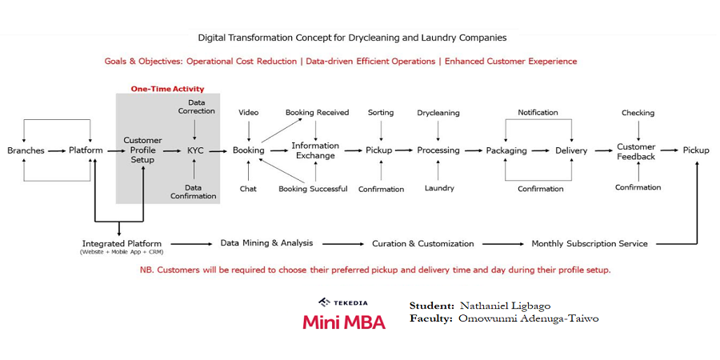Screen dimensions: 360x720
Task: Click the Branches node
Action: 25,150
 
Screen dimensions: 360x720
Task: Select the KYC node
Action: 195,150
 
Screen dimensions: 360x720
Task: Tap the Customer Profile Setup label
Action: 142,150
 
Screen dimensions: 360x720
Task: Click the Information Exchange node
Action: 315,150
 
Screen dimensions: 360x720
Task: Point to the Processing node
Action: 438,150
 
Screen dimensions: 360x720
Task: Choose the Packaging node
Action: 506,150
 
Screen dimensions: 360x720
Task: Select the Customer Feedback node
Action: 636,151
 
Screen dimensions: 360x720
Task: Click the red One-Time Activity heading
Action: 167,89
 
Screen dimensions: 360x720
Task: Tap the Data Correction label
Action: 196,107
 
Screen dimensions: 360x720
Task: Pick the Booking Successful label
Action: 313,189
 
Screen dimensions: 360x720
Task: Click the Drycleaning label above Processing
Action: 438,113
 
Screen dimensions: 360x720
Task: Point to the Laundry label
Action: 439,189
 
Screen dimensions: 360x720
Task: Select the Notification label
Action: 538,113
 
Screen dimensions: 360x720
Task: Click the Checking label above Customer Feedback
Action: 638,113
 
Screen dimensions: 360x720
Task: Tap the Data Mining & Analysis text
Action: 266,243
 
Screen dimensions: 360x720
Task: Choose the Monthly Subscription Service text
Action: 590,243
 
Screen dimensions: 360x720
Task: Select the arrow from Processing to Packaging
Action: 473,150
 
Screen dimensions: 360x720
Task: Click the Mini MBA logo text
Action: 343,322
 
